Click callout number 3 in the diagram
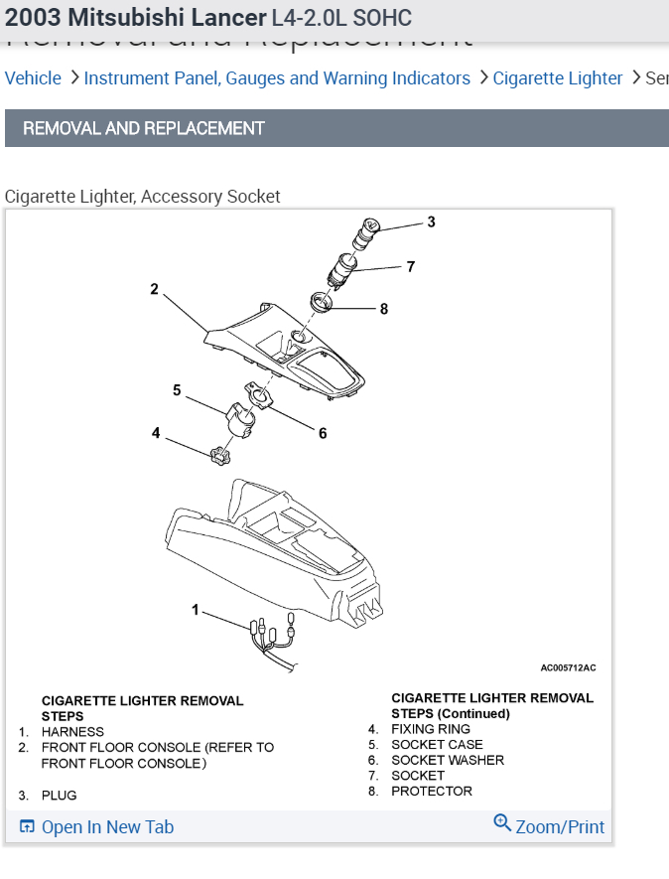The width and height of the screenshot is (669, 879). click(x=431, y=222)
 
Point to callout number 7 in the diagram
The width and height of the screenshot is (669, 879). click(x=410, y=266)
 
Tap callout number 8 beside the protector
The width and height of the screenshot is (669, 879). click(x=384, y=309)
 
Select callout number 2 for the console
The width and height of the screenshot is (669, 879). click(x=155, y=289)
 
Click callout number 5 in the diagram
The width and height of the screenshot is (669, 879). click(x=177, y=390)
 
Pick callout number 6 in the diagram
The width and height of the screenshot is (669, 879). click(x=323, y=433)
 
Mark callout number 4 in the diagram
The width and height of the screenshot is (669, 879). click(x=156, y=433)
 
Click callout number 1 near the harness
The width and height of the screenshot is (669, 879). click(x=196, y=609)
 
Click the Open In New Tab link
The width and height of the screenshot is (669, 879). click(x=97, y=827)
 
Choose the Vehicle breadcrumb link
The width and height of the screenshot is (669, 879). click(x=33, y=78)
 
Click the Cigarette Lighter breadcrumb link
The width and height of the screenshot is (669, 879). click(x=558, y=78)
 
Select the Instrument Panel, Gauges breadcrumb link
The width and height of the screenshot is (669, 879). click(x=277, y=78)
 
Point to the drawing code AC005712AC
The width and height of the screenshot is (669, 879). click(x=568, y=668)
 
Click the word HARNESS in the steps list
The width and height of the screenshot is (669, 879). click(x=72, y=732)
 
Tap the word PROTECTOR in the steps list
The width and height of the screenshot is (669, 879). click(x=432, y=792)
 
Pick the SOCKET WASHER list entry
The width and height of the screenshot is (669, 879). click(x=448, y=760)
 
